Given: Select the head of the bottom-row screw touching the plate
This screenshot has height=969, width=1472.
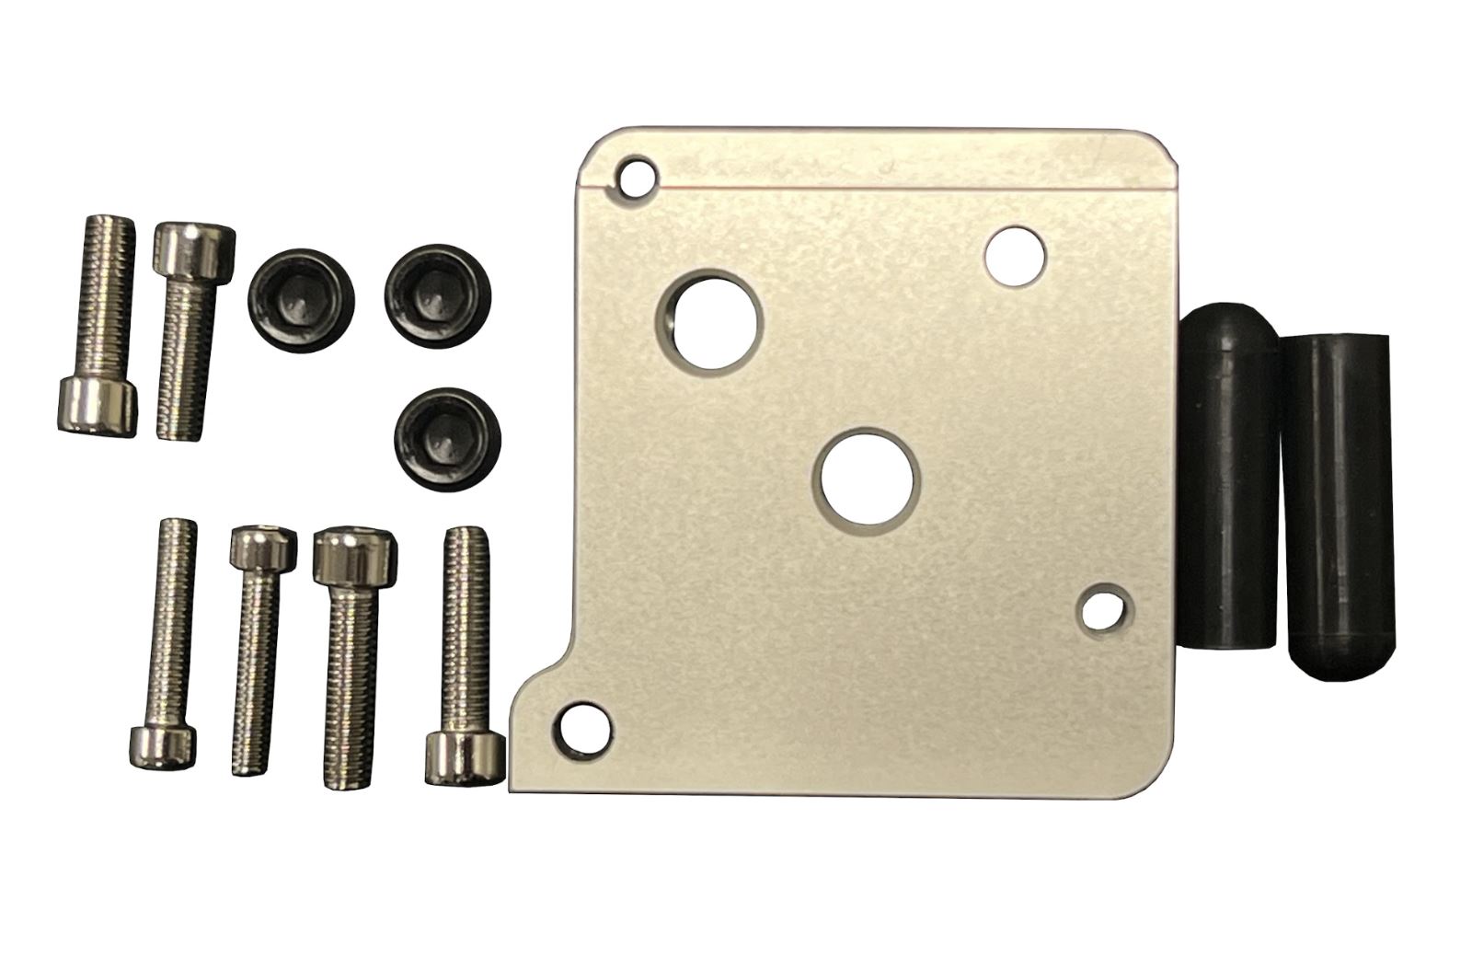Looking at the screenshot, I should pyautogui.click(x=465, y=756).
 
